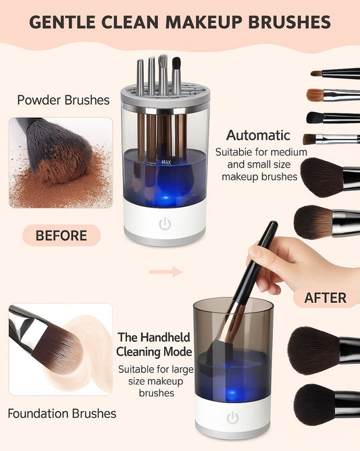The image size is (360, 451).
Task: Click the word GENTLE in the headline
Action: (62, 22)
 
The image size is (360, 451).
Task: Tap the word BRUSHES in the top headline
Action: (289, 22)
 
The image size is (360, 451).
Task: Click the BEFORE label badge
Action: (61, 235)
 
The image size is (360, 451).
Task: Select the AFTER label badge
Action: (326, 298)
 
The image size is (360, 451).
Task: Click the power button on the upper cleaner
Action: (165, 224)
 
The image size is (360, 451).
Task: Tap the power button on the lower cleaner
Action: (233, 418)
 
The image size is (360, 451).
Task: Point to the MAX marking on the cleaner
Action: (166, 162)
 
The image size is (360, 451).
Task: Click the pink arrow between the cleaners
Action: (165, 271)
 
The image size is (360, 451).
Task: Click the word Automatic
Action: (258, 135)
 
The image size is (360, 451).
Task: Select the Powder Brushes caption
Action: (63, 100)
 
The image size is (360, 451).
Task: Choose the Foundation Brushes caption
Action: (61, 414)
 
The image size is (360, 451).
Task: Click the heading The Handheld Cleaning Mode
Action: (154, 344)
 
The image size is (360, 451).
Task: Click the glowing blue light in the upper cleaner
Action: (165, 198)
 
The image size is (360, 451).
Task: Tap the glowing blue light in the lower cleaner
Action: (232, 393)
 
